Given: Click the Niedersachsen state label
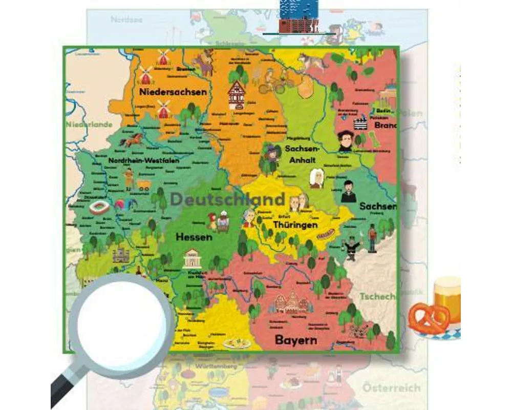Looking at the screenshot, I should click(x=173, y=92).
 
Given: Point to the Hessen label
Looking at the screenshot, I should click(x=194, y=237).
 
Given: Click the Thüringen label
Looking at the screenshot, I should click(x=295, y=224).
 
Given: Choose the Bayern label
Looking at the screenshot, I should click(x=296, y=340).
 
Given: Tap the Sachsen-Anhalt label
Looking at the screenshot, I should click(x=302, y=154).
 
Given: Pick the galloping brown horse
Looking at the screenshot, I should click(x=133, y=139).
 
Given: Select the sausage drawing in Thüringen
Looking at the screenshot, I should click(x=325, y=235).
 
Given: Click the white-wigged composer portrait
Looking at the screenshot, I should click(x=316, y=178).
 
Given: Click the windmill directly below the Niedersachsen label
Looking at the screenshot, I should click(x=163, y=109).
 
